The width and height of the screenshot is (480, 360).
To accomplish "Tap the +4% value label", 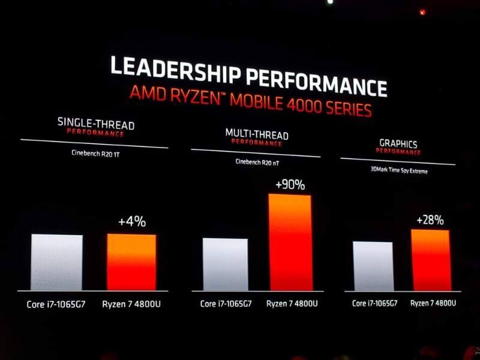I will [x=131, y=221].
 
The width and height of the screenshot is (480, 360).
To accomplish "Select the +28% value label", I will [x=430, y=220].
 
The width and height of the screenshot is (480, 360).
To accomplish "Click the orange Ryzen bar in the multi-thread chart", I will [x=290, y=242].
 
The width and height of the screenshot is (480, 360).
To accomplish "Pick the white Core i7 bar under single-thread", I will [x=56, y=262].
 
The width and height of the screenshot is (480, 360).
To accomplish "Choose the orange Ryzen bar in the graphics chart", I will [x=430, y=260].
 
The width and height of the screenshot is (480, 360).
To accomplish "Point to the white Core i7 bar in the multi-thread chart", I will [x=225, y=265].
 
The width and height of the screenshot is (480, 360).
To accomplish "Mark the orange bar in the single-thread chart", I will [x=131, y=262].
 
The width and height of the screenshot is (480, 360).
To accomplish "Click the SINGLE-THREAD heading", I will [x=96, y=124].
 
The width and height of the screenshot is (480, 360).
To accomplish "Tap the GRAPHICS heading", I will [x=398, y=144].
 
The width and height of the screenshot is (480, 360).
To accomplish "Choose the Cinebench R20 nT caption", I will [x=257, y=161].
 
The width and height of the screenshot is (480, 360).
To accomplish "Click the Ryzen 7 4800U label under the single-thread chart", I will [x=131, y=304].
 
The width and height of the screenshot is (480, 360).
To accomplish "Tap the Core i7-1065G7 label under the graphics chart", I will [x=374, y=303].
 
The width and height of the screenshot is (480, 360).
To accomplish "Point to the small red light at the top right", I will [x=422, y=12].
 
